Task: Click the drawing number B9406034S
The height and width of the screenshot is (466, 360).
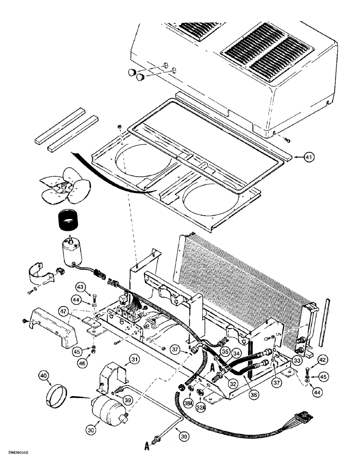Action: [x=22, y=452]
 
